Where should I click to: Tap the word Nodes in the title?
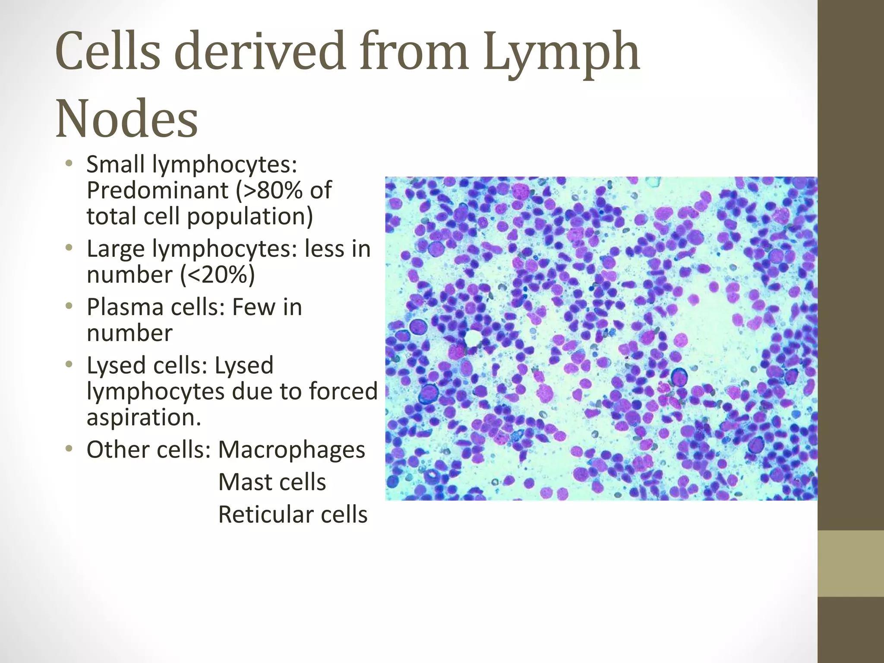[126, 119]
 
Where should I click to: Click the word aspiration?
[143, 417]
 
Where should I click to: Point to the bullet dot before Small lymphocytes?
[69, 164]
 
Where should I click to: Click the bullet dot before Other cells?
[69, 449]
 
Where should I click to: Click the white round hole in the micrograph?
[473, 338]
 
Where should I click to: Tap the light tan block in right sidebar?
[851, 563]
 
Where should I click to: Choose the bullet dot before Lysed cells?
[69, 365]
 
